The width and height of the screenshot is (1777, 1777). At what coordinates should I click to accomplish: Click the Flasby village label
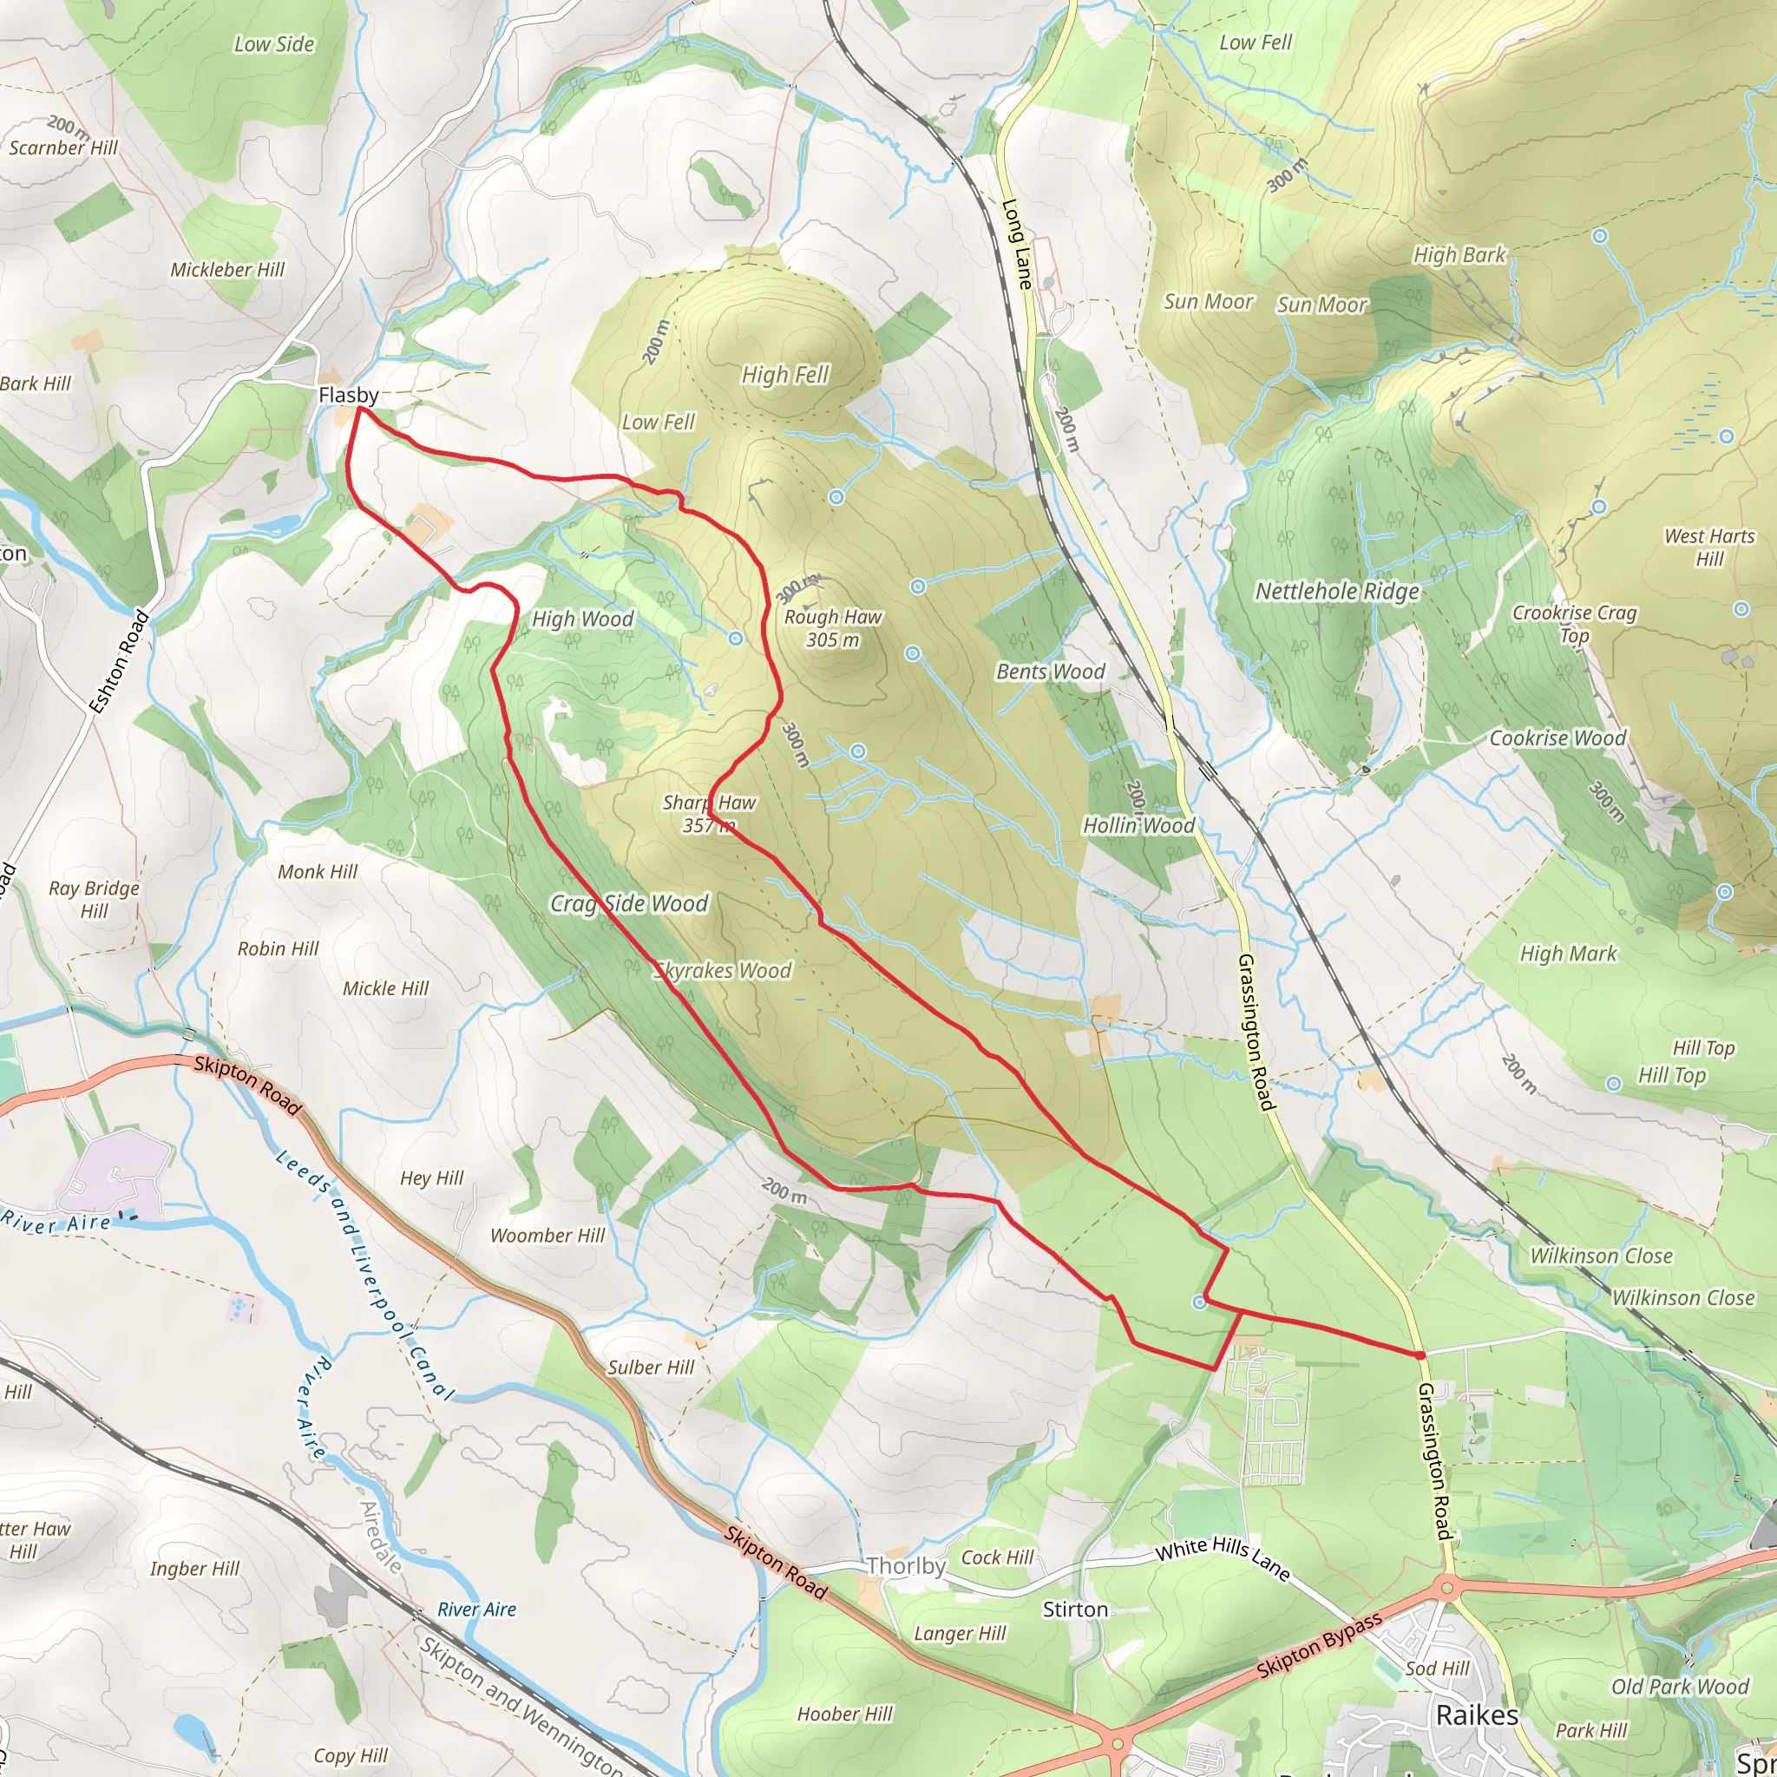pos(348,395)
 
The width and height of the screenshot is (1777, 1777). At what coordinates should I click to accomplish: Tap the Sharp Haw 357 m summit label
pos(709,814)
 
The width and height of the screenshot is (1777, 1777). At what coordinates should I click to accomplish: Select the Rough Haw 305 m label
pos(832,628)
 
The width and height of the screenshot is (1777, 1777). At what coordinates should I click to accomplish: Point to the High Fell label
pos(784,374)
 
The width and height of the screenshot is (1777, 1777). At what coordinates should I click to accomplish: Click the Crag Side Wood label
pos(629,903)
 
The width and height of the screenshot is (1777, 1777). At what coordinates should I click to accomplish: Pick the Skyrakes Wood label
pos(723,970)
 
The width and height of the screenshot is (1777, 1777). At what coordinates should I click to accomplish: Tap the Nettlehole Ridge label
pos(1336,591)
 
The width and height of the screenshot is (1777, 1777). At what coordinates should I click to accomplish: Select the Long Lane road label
pos(1016,244)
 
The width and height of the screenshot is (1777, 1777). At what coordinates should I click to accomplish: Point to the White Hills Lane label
pos(1223,1557)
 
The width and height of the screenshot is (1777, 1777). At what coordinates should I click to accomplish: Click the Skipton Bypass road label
pos(1319,1645)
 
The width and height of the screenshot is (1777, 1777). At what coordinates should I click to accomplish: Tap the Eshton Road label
pos(120,662)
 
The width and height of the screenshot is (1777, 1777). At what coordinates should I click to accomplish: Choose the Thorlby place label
pos(905,1565)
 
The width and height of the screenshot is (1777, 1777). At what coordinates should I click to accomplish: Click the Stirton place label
pos(1074,1610)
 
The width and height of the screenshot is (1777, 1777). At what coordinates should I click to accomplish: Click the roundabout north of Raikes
pos(1446,1587)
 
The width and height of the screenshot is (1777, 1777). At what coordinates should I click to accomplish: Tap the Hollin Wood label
pos(1138,825)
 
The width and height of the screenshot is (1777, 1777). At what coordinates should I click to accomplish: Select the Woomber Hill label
pos(548,1236)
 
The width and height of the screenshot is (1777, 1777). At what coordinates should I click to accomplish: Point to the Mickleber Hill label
pos(227,270)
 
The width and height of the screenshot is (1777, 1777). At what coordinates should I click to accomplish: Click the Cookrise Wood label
pos(1557,738)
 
